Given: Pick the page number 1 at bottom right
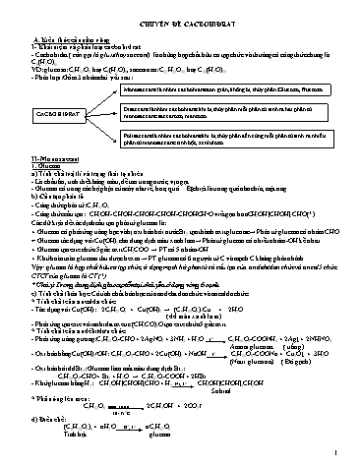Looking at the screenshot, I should click(336, 453).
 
